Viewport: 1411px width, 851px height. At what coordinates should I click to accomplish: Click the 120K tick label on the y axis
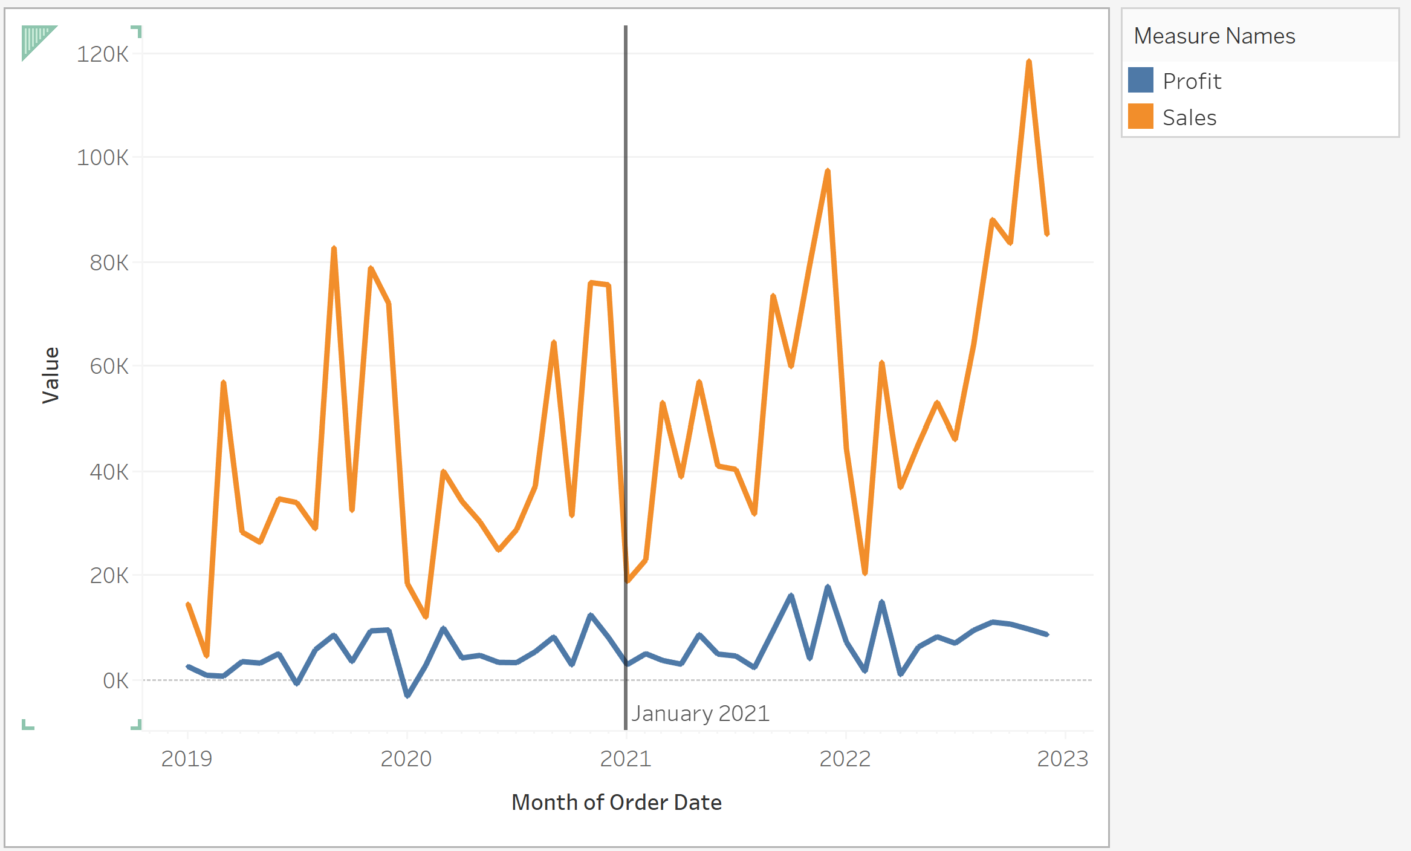102,54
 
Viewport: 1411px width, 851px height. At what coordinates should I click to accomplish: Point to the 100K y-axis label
102,158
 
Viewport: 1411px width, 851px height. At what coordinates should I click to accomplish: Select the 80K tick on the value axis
109,263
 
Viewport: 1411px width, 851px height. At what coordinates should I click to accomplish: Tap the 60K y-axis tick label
109,367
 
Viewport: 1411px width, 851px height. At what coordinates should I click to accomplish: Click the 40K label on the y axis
109,472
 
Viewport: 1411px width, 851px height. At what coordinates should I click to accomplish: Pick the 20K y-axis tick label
109,576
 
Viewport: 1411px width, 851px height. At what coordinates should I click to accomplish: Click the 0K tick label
115,681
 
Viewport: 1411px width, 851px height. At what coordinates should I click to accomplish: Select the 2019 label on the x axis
187,759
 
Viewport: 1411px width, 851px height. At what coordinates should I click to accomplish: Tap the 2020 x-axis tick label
406,759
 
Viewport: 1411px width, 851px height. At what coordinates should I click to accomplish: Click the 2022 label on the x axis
845,759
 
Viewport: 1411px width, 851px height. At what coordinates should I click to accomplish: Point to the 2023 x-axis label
1063,759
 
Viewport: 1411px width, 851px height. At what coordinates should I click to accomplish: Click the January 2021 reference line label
700,714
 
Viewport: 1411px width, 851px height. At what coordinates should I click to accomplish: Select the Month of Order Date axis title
617,803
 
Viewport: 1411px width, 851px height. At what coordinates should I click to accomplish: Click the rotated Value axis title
51,375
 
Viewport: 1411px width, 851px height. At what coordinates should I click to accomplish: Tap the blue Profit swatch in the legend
1141,80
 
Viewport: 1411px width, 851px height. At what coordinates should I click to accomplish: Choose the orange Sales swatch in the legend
1141,117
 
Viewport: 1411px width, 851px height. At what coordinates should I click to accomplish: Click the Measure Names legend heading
1215,36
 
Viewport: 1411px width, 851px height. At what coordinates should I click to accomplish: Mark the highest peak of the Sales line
1029,62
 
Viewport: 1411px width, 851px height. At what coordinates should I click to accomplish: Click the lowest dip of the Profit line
407,696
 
